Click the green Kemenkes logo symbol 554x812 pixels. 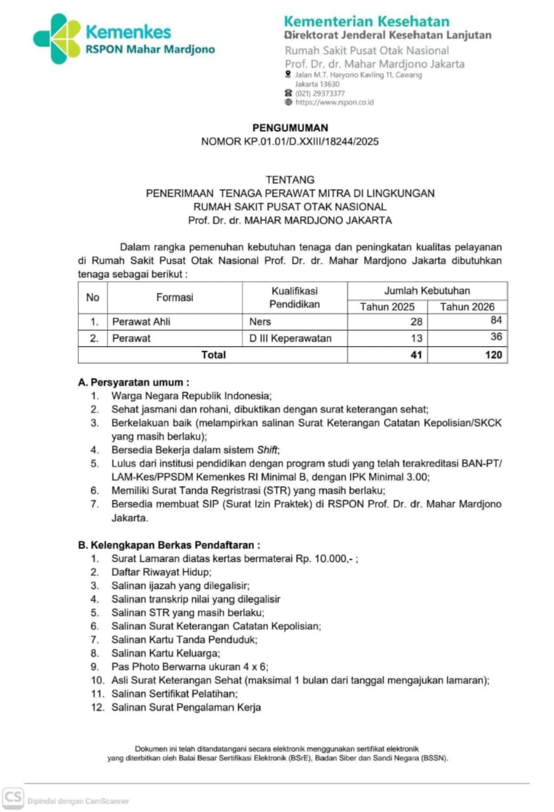coord(57,39)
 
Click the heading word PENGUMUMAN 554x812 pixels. coord(290,128)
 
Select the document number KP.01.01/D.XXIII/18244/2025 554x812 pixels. coord(309,141)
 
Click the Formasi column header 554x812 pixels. coord(175,297)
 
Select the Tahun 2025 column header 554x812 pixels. coord(387,306)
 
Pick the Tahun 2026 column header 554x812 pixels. coord(467,306)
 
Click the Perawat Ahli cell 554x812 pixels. coord(141,322)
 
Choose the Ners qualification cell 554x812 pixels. coord(260,322)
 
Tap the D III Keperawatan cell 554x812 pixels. coord(291,338)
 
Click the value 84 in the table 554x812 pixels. coord(496,320)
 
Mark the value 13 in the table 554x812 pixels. coord(416,338)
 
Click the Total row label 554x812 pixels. coord(213,355)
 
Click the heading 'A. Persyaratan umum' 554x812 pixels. coord(133,383)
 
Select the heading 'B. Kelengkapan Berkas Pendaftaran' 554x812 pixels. coord(169,544)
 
